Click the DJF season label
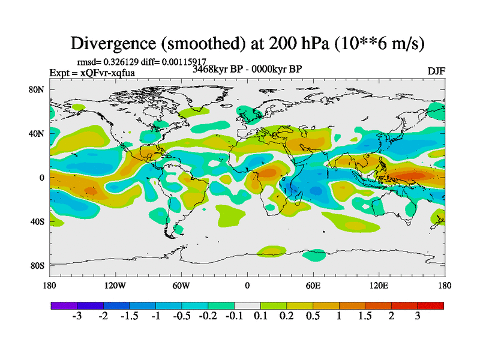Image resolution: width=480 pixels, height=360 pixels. pyautogui.click(x=436, y=71)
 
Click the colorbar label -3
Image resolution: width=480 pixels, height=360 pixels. pyautogui.click(x=76, y=316)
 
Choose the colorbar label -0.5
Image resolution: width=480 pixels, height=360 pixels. pyautogui.click(x=181, y=316)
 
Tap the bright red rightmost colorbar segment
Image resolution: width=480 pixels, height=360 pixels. pyautogui.click(x=431, y=305)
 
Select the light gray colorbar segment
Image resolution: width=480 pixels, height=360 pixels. pyautogui.click(x=247, y=305)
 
